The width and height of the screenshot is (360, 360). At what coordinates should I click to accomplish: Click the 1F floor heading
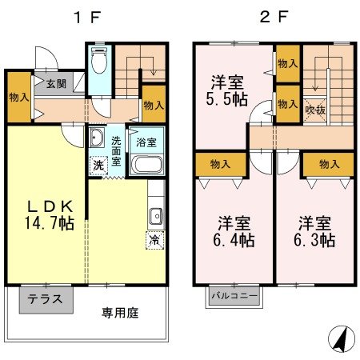pos(86,17)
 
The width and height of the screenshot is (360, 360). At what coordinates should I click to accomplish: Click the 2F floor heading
pos(269,17)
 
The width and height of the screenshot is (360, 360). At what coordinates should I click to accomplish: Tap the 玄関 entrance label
pos(56,84)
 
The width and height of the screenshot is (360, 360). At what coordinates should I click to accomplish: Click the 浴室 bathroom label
pos(146,142)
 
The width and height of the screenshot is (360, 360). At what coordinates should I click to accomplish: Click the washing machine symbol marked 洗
pos(98,166)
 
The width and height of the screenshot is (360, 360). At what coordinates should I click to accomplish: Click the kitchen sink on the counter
pos(156,214)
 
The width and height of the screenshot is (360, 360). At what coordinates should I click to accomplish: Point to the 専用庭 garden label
pos(119,313)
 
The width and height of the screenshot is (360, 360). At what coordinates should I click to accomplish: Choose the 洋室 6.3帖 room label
pos(315,230)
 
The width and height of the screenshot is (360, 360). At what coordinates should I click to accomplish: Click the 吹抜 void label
pos(315,110)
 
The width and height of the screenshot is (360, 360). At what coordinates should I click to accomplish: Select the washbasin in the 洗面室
pos(96,138)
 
